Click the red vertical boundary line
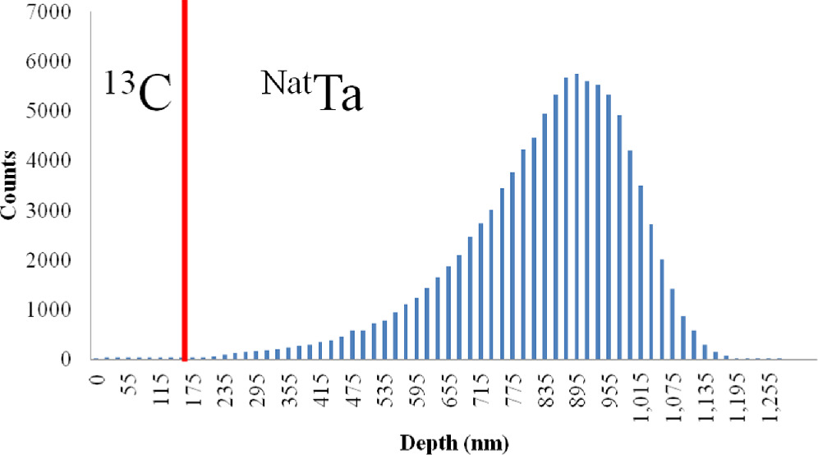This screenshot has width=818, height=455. click(185, 181)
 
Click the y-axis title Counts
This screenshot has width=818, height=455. click(12, 185)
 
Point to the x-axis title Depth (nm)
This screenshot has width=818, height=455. click(454, 444)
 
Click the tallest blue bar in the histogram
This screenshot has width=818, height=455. click(577, 217)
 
